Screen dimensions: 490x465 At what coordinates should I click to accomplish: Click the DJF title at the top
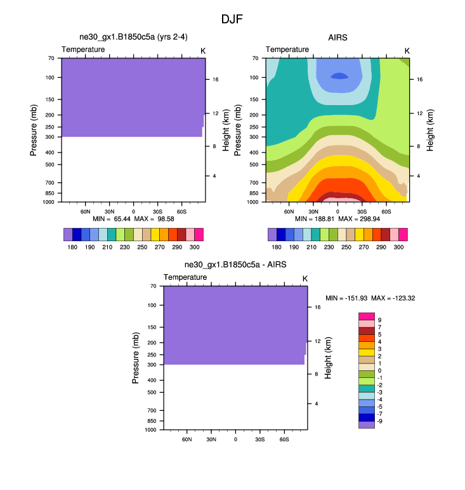(232, 19)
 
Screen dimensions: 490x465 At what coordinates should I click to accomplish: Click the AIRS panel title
(337, 37)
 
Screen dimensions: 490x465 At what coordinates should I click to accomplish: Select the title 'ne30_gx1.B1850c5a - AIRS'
(235, 265)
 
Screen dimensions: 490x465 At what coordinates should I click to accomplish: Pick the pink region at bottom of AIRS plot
(338, 199)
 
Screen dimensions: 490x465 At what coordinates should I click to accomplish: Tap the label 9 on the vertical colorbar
(379, 320)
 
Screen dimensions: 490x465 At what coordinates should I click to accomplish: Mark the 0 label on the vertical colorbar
(379, 370)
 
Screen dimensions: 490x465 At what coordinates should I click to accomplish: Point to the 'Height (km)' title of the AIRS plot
(430, 130)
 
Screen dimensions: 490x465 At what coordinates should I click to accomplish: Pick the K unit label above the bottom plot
(305, 279)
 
